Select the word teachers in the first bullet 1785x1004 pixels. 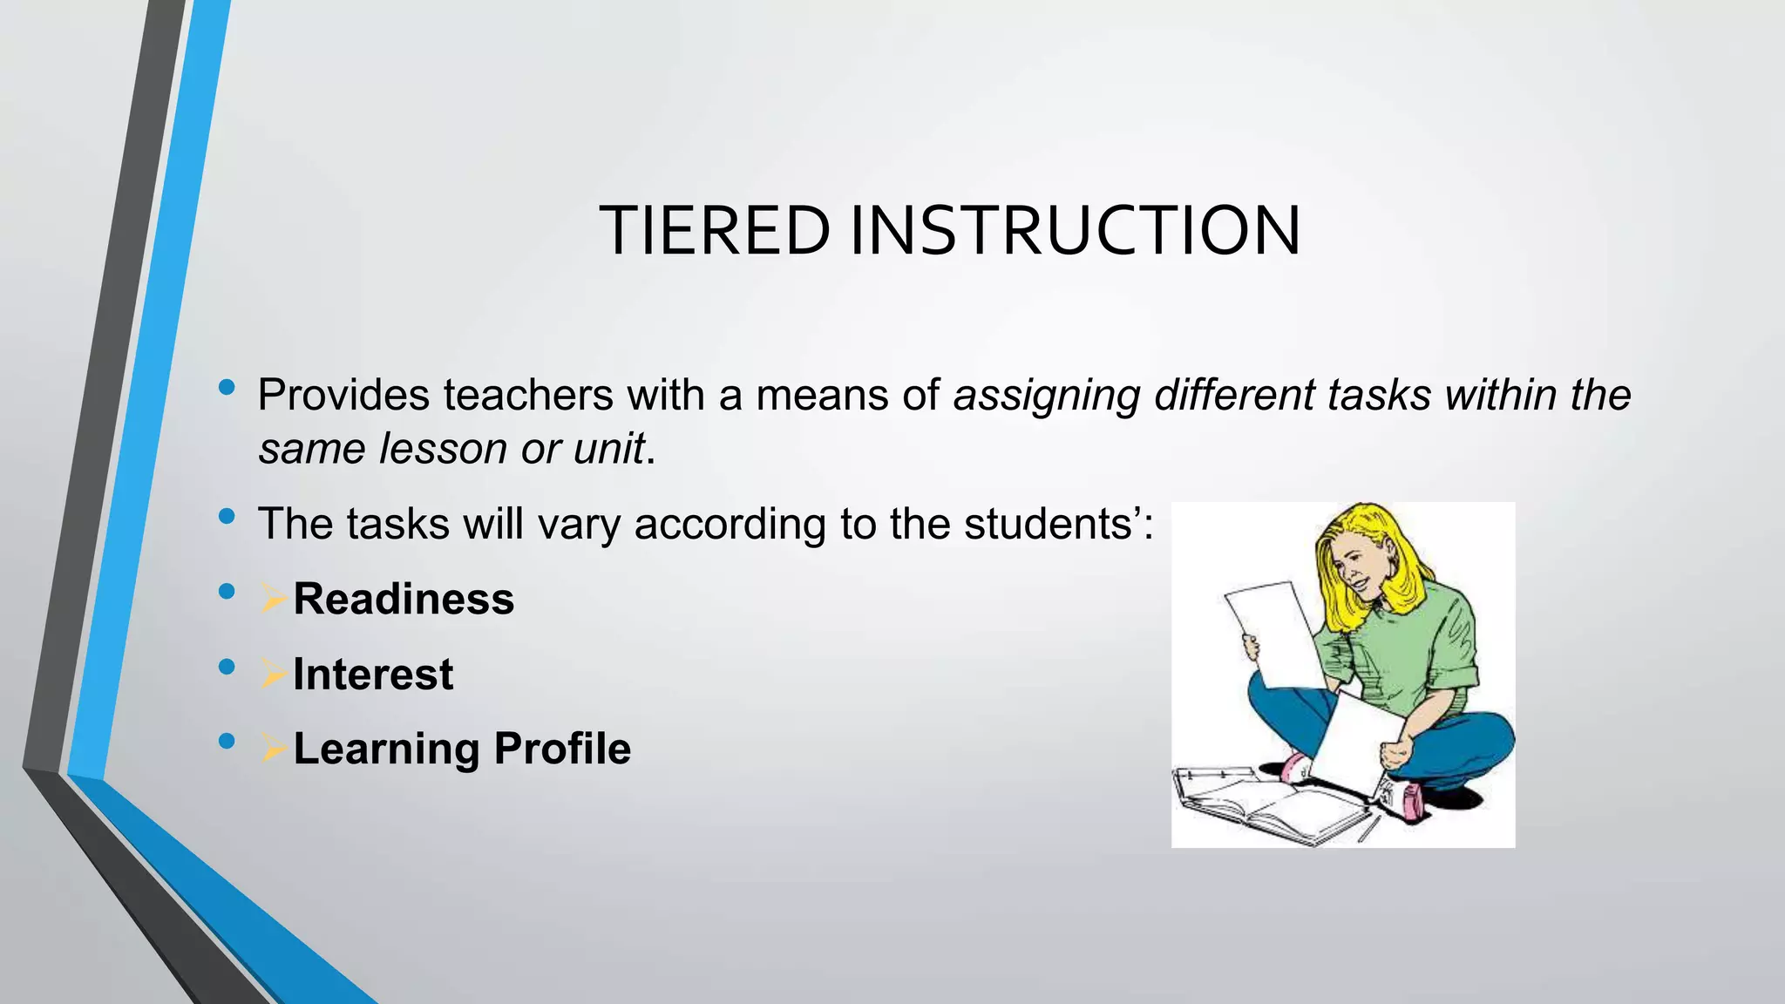pos(528,395)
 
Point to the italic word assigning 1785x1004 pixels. pos(1046,397)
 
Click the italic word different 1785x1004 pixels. pos(1234,395)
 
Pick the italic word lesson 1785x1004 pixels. pos(443,450)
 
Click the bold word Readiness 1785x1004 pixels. pos(404,599)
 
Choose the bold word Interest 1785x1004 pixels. pos(373,674)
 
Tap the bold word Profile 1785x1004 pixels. pos(562,749)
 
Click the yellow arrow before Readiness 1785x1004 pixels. pos(273,598)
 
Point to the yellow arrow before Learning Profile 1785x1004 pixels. pos(273,748)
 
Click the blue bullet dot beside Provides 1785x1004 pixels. pos(227,388)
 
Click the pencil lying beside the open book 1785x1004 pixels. pos(1368,828)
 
